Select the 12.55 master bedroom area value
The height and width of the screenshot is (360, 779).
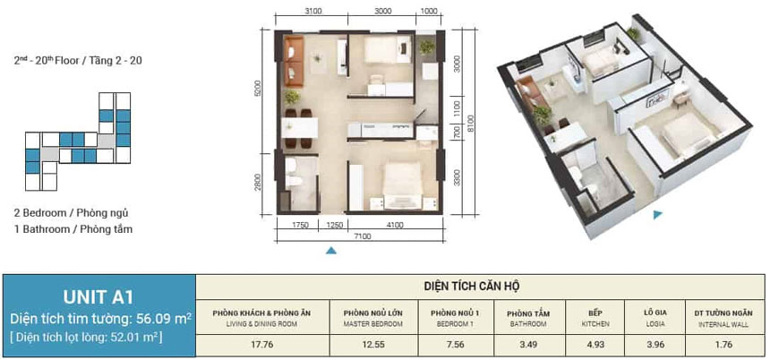[373, 344]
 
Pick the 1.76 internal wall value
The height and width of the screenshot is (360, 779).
[723, 344]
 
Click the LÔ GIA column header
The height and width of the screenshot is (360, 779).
[654, 313]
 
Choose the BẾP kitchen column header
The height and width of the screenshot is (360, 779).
[595, 313]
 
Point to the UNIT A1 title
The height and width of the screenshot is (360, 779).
[98, 297]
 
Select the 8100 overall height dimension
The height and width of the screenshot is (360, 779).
[471, 123]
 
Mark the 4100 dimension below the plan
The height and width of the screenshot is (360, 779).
[395, 225]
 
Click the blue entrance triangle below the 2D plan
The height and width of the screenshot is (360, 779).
[331, 251]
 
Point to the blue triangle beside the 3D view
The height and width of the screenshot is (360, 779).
[658, 215]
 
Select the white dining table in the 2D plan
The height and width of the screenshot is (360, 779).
[300, 128]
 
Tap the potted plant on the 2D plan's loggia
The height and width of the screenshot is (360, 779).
[426, 47]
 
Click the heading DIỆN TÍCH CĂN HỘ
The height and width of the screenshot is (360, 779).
[472, 287]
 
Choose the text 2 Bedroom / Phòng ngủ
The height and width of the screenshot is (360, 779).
[71, 213]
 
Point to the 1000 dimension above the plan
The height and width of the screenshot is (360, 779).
[428, 12]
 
